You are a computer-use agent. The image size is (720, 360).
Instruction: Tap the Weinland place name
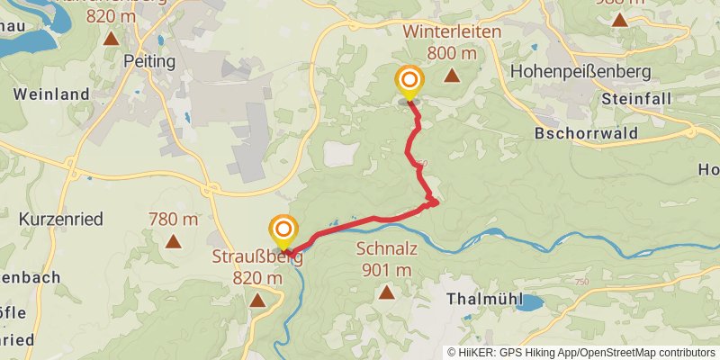[x=52, y=94]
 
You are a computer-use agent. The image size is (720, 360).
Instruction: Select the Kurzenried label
[x=61, y=219]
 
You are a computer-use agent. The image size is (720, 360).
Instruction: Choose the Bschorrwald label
[x=586, y=133]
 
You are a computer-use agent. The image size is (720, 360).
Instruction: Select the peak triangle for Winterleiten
[x=452, y=76]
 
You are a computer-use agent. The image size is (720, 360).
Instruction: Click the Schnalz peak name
[x=386, y=249]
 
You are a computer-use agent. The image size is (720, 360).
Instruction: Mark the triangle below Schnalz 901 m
[x=387, y=292]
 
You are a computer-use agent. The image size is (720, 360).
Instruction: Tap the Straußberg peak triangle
[x=258, y=301]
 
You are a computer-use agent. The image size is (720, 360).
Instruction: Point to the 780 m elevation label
[x=173, y=219]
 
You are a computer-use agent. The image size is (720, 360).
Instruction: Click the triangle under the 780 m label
[x=173, y=241]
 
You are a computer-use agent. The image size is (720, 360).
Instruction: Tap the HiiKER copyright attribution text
[x=580, y=353]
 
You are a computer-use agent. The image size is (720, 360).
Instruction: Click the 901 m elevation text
[x=387, y=269]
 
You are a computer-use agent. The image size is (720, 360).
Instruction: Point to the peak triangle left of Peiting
[x=111, y=38]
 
